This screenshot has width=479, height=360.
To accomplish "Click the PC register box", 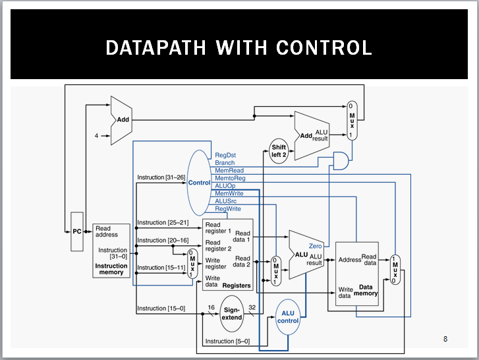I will click(77, 231).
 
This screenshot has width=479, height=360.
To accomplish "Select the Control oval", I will click(198, 182).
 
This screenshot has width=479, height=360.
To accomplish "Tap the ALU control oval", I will click(287, 316).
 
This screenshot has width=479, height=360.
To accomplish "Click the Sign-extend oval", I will click(232, 313).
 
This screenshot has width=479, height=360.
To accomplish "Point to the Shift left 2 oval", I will click(279, 151).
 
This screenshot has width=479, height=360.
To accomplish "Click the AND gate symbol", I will click(341, 159).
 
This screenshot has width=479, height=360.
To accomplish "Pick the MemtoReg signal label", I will click(230, 178).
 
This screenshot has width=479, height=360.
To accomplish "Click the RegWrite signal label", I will click(228, 209).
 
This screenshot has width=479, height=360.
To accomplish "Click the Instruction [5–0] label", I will click(227, 341).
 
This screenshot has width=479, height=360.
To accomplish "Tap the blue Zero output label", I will click(315, 246).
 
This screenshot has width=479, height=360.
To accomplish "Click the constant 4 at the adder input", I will click(96, 135).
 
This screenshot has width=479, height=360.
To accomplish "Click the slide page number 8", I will click(445, 339).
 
